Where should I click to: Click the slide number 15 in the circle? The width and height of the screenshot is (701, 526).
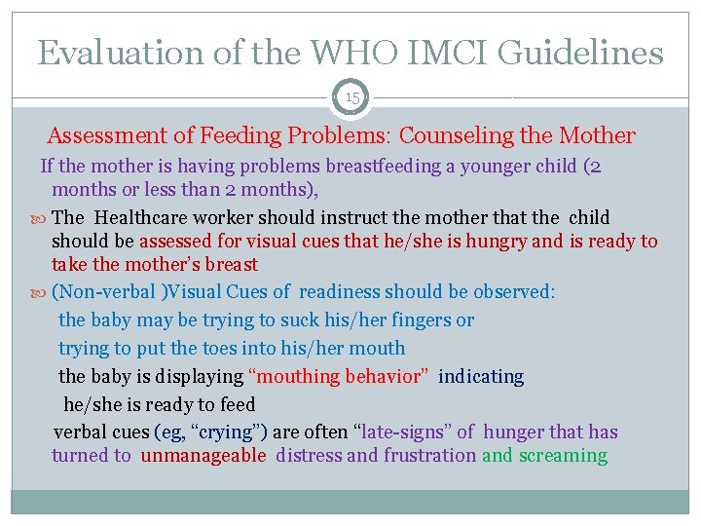tap(350, 96)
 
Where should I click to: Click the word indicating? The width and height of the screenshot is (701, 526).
tap(481, 376)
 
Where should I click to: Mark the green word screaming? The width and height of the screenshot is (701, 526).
tap(563, 455)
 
